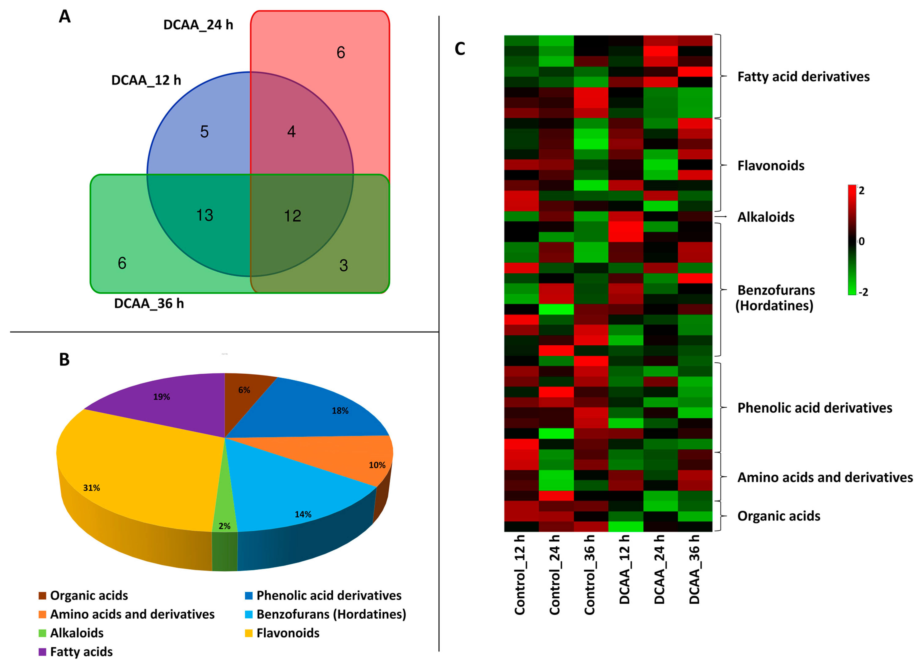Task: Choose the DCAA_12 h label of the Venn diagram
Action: (x=146, y=80)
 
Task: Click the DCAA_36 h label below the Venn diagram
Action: (x=149, y=304)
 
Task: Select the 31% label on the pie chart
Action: (x=91, y=488)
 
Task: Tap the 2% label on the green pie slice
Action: (x=224, y=526)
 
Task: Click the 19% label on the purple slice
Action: (x=161, y=397)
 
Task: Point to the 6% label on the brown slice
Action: (x=244, y=390)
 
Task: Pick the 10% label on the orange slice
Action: (x=377, y=465)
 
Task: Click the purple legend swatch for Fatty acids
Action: (x=42, y=652)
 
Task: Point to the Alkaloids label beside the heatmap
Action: (x=765, y=217)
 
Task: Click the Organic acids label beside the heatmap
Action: (x=778, y=516)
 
